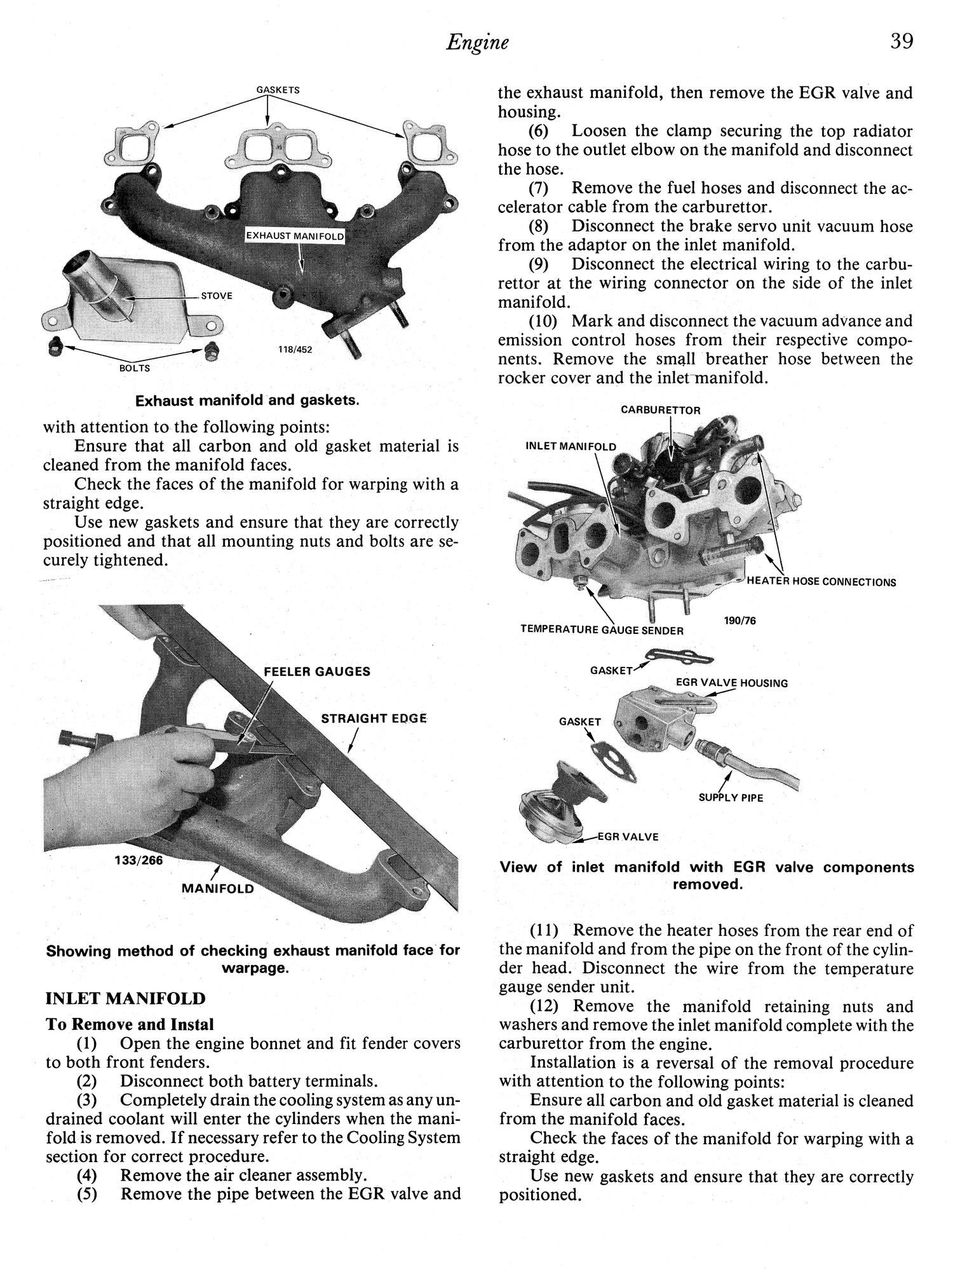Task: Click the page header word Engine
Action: tap(477, 43)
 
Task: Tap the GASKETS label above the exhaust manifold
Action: tap(278, 90)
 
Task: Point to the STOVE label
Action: tap(217, 296)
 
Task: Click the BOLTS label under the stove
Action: tap(135, 368)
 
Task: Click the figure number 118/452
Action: tap(295, 350)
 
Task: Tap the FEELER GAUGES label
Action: tap(317, 671)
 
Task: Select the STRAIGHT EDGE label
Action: tap(374, 718)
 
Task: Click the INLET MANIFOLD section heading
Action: tap(125, 999)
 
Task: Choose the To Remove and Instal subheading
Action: tap(130, 1024)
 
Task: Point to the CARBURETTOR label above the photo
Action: tap(660, 411)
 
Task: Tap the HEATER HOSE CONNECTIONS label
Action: tap(821, 582)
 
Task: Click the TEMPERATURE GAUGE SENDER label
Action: tap(602, 630)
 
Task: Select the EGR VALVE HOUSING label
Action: tap(731, 683)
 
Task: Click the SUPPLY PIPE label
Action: tap(731, 798)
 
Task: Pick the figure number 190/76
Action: tap(740, 621)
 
